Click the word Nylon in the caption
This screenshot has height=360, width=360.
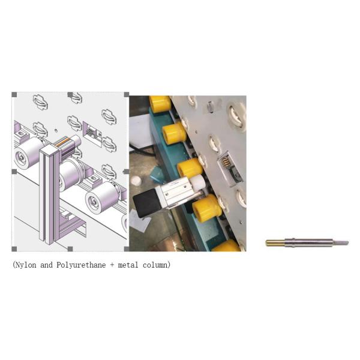27,265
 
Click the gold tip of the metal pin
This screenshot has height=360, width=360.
275,243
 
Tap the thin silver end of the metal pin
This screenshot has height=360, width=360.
341,243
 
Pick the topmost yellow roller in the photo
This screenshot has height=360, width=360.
160,104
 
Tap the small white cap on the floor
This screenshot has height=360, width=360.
136,179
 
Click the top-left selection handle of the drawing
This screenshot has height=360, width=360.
14,95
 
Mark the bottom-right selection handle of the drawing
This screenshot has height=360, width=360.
126,248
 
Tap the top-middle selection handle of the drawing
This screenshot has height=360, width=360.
70,95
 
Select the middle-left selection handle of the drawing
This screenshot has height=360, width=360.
14,172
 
